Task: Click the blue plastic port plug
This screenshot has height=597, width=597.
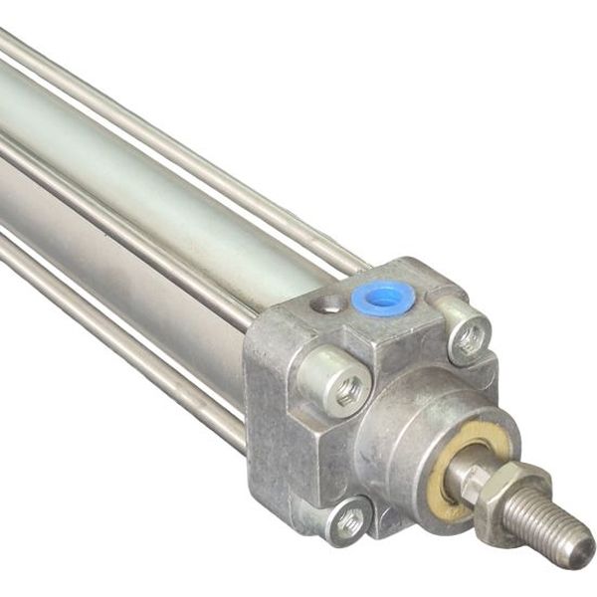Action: click(383, 297)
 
